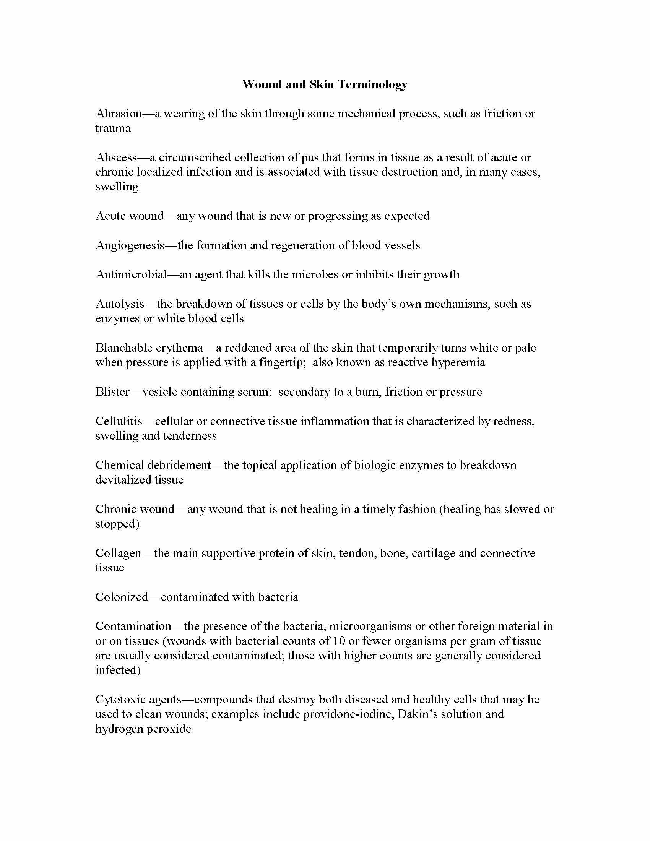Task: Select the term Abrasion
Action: pos(119,114)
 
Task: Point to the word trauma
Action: pos(113,128)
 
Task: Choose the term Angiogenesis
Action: pos(130,245)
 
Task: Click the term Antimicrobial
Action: pos(131,274)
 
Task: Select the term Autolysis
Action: pos(120,304)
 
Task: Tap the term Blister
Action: pos(113,392)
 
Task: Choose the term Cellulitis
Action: pos(119,421)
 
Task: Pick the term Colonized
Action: pos(122,597)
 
